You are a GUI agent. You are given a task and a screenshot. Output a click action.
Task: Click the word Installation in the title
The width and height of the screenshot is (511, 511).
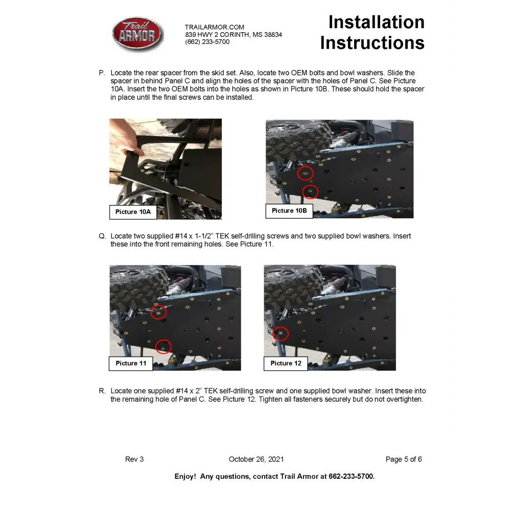tap(376, 22)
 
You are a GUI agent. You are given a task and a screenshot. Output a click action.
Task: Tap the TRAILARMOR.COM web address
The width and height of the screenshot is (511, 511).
tap(215, 27)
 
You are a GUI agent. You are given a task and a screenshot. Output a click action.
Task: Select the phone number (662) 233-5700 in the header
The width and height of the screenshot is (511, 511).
tap(207, 42)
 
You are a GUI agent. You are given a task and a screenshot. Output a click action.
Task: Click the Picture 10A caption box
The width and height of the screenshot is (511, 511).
tap(133, 212)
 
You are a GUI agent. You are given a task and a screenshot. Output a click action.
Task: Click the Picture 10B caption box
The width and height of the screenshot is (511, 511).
tap(289, 211)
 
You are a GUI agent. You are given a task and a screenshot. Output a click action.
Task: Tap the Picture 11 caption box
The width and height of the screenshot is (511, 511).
tap(131, 363)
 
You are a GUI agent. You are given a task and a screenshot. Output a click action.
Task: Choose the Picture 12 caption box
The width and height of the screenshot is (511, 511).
tap(286, 363)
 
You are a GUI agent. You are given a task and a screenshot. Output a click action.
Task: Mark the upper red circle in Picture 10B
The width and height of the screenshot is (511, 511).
tap(305, 174)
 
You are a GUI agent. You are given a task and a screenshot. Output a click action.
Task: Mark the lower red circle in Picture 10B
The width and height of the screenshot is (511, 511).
tap(310, 192)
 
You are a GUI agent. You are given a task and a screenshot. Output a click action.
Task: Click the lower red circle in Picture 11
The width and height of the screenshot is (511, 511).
tap(163, 346)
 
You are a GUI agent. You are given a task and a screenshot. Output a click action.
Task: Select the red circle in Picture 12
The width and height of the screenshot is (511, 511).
tap(281, 334)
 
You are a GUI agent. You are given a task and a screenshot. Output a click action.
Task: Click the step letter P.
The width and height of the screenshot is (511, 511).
tap(102, 73)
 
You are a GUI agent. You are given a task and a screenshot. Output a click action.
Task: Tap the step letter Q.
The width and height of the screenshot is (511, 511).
tap(102, 236)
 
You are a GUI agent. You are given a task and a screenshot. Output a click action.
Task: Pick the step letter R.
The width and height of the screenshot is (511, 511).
tap(102, 391)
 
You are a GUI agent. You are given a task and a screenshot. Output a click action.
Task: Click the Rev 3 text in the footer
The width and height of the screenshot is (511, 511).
tap(134, 459)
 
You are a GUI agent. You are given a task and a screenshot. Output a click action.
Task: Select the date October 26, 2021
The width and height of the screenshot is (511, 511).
tap(256, 459)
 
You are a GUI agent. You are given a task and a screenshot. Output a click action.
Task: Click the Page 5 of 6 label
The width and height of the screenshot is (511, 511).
tap(404, 459)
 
